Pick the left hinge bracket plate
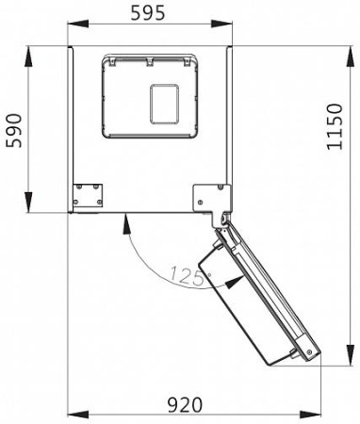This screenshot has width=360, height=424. tap(88, 195)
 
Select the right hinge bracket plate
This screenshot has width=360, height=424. tap(209, 197)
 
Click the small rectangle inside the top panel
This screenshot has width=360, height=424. tap(166, 104)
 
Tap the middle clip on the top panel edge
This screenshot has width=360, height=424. tap(149, 61)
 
